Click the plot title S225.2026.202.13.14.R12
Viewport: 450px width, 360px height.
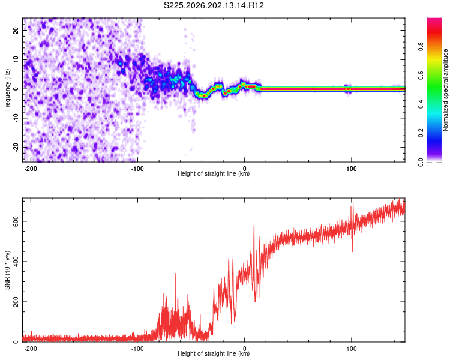(x=214, y=5)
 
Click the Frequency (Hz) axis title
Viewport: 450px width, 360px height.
(x=7, y=90)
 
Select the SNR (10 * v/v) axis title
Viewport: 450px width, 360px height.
(x=7, y=270)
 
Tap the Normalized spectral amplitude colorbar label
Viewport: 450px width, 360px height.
(x=445, y=90)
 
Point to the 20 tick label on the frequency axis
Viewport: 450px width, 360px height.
(x=16, y=30)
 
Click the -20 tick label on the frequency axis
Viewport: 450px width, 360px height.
(x=16, y=148)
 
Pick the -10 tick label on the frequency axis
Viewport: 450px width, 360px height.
(x=16, y=118)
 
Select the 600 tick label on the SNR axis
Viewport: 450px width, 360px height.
(x=16, y=221)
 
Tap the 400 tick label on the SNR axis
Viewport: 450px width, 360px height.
(x=16, y=262)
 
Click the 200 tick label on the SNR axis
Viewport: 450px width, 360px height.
(x=16, y=302)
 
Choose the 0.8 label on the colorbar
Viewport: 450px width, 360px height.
(x=421, y=46)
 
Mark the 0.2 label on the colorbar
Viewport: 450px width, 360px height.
(x=421, y=133)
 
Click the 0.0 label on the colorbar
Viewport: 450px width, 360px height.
(x=421, y=162)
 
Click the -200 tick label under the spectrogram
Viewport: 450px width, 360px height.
(x=30, y=169)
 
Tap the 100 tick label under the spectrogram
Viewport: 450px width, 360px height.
(x=351, y=169)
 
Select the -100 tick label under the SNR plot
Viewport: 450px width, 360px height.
(x=137, y=349)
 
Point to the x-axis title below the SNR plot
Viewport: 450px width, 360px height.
(x=214, y=353)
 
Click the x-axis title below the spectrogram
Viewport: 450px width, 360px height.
(x=214, y=173)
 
